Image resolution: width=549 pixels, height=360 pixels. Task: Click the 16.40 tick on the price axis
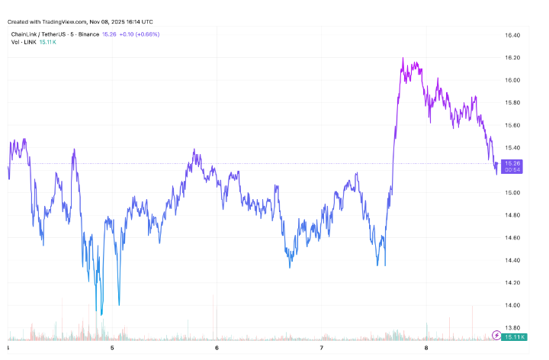click(512, 35)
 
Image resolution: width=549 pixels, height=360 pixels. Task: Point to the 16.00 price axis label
click(512, 80)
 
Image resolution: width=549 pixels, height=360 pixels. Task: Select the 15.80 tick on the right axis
click(512, 102)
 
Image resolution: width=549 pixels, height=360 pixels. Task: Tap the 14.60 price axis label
click(512, 238)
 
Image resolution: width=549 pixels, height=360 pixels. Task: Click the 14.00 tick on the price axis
click(512, 305)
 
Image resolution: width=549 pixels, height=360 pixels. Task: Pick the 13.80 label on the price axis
click(512, 328)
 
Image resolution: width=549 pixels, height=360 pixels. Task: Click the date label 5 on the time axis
click(112, 349)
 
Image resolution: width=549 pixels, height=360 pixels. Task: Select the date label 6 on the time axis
click(217, 349)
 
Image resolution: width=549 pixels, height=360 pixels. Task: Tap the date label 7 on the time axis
click(322, 349)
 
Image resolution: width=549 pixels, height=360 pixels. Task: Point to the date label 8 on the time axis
click(426, 349)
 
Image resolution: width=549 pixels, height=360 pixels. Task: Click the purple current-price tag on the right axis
click(512, 166)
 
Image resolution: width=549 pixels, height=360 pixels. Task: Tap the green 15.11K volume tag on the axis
click(513, 336)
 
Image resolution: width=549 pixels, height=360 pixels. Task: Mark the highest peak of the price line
click(403, 58)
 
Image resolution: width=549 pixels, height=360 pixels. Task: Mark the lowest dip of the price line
click(101, 313)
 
